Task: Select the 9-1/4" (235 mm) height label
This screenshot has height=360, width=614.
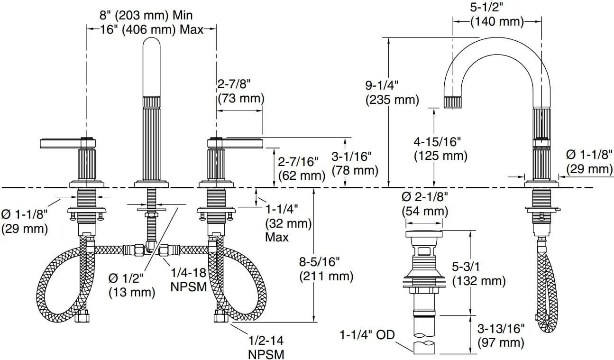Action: (392, 92)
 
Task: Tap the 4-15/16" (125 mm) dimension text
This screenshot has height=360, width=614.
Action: (440, 149)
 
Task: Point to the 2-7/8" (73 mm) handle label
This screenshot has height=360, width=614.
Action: (241, 91)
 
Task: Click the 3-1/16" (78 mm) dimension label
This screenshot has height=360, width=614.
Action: (355, 164)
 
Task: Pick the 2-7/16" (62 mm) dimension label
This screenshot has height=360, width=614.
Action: (302, 169)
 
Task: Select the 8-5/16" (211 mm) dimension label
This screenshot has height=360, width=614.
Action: (326, 269)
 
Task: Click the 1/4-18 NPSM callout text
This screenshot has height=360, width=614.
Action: (189, 280)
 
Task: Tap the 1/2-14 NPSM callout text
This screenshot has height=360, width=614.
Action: (266, 347)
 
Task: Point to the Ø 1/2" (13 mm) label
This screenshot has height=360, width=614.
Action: (132, 286)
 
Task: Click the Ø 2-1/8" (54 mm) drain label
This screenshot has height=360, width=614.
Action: (425, 204)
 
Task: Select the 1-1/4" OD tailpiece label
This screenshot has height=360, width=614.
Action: (367, 335)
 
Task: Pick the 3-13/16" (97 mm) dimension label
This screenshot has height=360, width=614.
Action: (501, 336)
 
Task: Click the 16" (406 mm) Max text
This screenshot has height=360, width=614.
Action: (151, 29)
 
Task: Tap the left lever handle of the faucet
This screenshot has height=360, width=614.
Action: (68, 143)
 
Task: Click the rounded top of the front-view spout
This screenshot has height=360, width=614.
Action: (151, 44)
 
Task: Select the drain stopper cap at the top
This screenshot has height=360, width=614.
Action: (424, 234)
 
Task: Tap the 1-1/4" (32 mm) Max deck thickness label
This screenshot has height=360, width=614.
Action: (288, 223)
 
